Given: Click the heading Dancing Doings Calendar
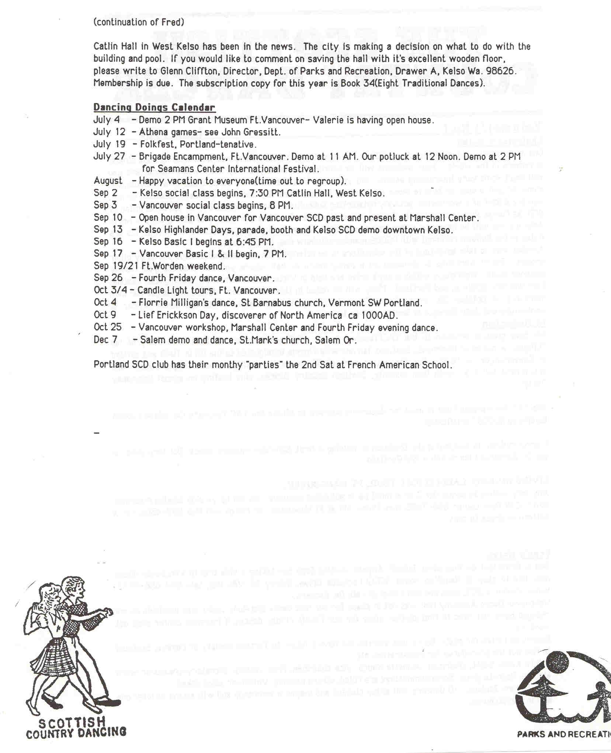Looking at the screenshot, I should pyautogui.click(x=154, y=107).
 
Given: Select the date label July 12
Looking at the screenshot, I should pyautogui.click(x=109, y=132).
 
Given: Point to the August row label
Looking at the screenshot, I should pyautogui.click(x=108, y=181).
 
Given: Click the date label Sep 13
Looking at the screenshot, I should pyautogui.click(x=108, y=229).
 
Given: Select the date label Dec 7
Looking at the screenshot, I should pyautogui.click(x=105, y=339).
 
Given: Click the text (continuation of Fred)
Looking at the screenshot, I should pyautogui.click(x=138, y=23).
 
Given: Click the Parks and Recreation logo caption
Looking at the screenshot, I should pyautogui.click(x=563, y=734).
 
